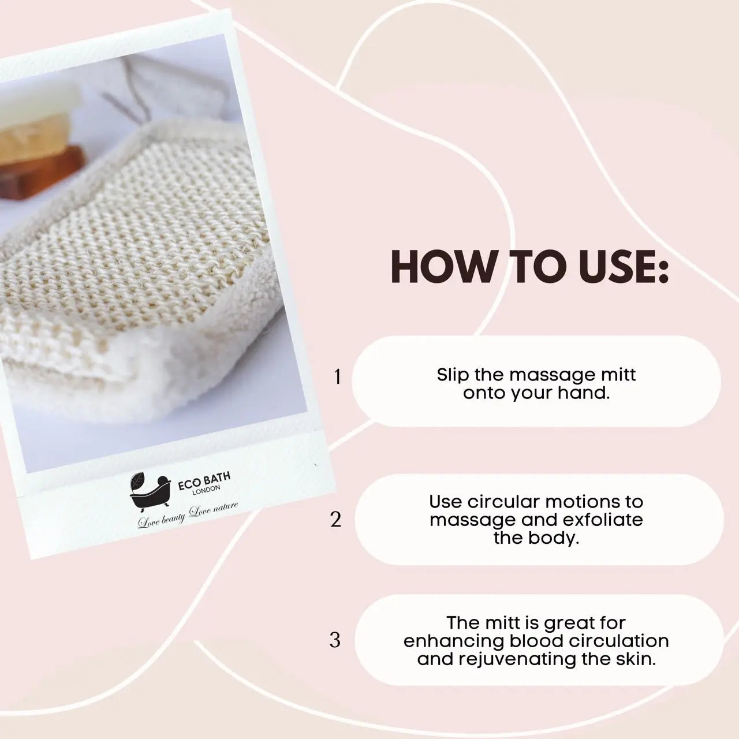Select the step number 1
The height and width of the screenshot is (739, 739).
(x=338, y=377)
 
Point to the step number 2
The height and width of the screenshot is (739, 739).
(x=335, y=520)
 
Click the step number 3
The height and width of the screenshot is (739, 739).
(x=335, y=640)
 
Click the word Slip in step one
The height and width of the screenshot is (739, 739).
(x=453, y=375)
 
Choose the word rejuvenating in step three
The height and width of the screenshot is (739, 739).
(x=517, y=659)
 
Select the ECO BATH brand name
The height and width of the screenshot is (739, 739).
(x=204, y=480)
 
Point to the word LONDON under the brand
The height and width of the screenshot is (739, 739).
(x=206, y=491)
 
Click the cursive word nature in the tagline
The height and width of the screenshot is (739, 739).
(x=225, y=508)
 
